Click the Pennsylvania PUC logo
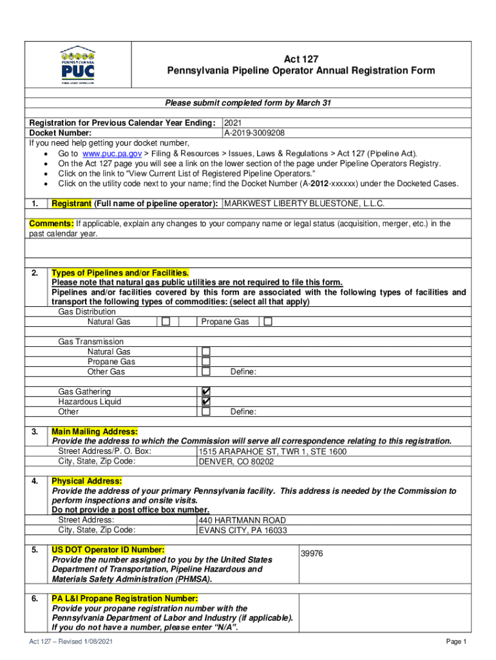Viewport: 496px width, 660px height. pos(77,64)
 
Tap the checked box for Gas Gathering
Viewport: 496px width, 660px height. pos(206,392)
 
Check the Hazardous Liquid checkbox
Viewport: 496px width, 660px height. pos(206,402)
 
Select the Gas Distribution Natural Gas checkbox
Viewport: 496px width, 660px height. pos(166,322)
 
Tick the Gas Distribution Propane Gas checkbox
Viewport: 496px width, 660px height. pos(268,322)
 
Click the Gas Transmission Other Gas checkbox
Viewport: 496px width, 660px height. pos(206,372)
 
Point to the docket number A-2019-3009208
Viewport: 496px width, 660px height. pos(254,133)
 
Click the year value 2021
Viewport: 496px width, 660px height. pos(234,122)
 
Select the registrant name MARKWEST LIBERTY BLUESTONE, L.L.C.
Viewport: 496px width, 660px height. pos(304,204)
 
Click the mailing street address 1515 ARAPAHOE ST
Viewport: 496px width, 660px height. pos(272,452)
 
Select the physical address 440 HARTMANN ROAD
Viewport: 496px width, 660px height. pos(242,520)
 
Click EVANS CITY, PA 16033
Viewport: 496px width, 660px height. pos(242,530)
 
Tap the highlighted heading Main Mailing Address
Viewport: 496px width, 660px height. pos(95,431)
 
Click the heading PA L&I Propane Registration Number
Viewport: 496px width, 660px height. pos(120,599)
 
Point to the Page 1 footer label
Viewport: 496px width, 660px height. pos(455,642)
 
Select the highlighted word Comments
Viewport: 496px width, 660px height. pos(52,224)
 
